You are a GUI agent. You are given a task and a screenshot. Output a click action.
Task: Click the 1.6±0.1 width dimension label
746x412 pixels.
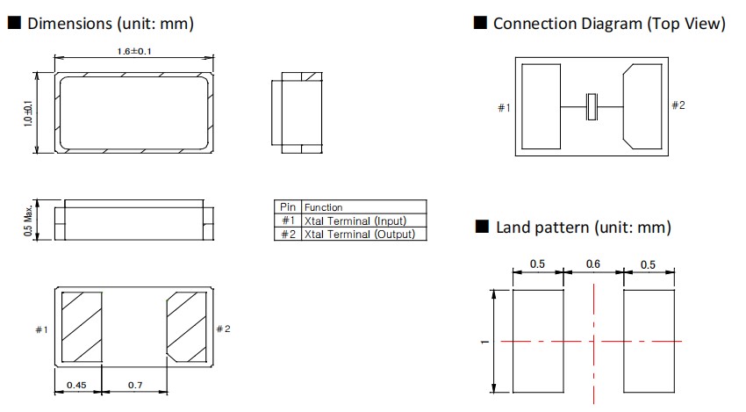(134, 52)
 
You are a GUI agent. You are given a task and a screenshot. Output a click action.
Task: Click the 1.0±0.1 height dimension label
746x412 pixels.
(28, 112)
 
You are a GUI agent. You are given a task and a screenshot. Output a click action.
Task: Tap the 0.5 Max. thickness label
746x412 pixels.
(28, 220)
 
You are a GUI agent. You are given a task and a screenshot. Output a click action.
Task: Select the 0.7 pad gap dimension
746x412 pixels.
(135, 385)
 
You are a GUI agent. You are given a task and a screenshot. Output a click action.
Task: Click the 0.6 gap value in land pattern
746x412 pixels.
(592, 264)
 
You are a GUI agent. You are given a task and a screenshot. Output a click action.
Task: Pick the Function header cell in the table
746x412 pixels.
(324, 207)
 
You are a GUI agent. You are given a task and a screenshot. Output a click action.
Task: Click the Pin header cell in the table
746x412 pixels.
(288, 207)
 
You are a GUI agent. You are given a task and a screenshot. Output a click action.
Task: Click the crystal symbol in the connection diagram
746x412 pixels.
(592, 107)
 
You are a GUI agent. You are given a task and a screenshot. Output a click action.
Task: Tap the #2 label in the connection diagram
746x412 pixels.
(678, 105)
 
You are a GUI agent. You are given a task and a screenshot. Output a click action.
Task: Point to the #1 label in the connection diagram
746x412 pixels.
(504, 108)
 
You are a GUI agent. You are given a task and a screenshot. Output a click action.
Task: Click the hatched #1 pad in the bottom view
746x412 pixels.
(82, 327)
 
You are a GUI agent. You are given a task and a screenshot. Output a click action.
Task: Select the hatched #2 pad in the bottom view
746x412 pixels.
(186, 327)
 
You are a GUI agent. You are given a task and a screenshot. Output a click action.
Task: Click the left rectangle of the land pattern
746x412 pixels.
(538, 342)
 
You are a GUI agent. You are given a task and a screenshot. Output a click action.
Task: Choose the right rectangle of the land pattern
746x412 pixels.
(648, 342)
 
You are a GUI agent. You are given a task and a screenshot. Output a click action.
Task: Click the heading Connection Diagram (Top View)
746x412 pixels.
(609, 24)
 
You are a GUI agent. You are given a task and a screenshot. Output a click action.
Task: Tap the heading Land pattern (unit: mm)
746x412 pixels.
(583, 228)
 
